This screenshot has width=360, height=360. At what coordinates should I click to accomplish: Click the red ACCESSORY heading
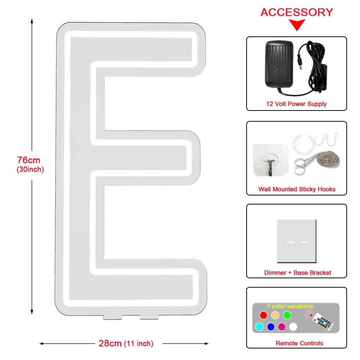pyautogui.click(x=297, y=12)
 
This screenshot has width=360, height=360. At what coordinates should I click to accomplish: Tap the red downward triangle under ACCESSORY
pyautogui.click(x=297, y=25)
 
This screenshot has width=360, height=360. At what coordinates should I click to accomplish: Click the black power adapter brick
pyautogui.click(x=279, y=64)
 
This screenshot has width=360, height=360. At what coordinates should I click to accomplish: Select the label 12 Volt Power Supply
pyautogui.click(x=296, y=104)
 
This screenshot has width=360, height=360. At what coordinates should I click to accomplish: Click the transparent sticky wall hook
pyautogui.click(x=270, y=160)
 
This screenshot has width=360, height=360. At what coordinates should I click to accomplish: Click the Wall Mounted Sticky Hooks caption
pyautogui.click(x=297, y=189)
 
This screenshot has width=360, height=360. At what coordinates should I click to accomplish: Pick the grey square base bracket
pyautogui.click(x=297, y=241)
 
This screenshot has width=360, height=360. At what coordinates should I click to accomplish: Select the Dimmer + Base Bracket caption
pyautogui.click(x=298, y=273)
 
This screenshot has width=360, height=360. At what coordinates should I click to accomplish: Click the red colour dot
pyautogui.click(x=264, y=315)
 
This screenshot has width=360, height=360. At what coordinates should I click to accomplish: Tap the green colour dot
pyautogui.click(x=287, y=315)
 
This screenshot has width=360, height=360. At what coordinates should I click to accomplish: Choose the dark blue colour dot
pyautogui.click(x=271, y=327)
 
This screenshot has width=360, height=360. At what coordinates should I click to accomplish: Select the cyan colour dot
pyautogui.click(x=259, y=327)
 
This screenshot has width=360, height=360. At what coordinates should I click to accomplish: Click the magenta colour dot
pyautogui.click(x=282, y=327)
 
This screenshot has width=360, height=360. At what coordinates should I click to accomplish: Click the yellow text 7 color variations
pyautogui.click(x=290, y=306)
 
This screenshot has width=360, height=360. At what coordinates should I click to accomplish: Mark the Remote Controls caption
pyautogui.click(x=299, y=343)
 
